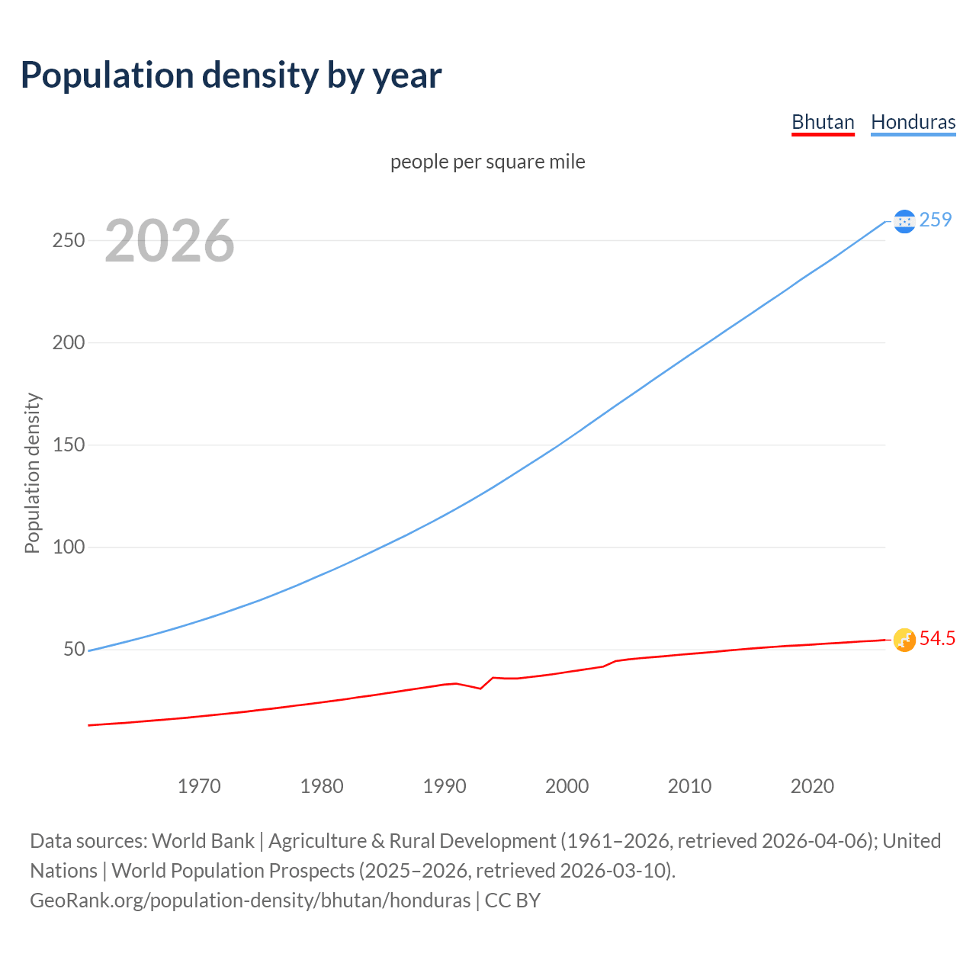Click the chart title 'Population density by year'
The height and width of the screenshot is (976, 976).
(x=231, y=75)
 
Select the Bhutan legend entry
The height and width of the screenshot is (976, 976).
(x=823, y=122)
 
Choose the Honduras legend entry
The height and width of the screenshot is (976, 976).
(x=913, y=122)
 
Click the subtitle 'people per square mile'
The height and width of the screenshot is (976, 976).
(x=487, y=162)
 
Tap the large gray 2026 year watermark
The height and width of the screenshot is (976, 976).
(x=169, y=241)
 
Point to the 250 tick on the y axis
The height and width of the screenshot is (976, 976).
(x=68, y=240)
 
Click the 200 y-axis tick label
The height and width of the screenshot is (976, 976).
(x=68, y=342)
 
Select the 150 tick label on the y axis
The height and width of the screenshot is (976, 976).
(x=68, y=445)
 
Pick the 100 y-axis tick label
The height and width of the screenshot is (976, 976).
(x=68, y=547)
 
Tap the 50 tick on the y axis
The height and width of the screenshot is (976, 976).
(x=74, y=649)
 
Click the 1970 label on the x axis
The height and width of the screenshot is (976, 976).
(x=199, y=786)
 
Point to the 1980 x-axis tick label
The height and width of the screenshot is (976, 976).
(x=322, y=786)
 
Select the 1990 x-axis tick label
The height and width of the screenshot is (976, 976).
(x=445, y=786)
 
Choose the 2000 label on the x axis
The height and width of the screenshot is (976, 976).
(x=567, y=786)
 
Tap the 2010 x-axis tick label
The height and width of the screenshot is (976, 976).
(x=689, y=786)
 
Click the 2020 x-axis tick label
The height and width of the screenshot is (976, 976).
(x=812, y=786)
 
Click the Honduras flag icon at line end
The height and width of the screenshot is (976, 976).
(x=904, y=221)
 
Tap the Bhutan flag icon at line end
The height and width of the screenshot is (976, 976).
(x=904, y=640)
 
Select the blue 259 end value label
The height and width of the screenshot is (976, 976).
(x=936, y=220)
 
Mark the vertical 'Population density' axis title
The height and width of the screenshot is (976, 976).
(x=32, y=473)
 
